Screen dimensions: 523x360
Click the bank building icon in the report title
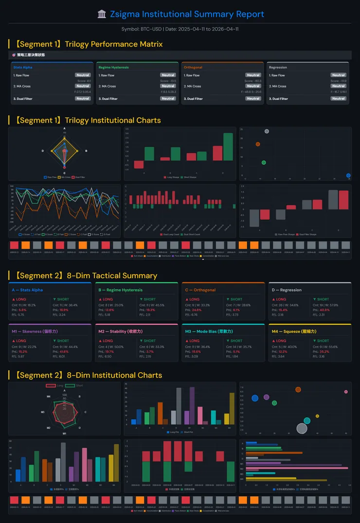[x=102, y=14]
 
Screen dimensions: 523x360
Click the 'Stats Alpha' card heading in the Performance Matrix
[x=23, y=68]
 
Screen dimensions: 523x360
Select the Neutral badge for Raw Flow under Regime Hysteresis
[x=168, y=75]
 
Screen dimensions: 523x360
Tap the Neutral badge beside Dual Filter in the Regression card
[x=338, y=99]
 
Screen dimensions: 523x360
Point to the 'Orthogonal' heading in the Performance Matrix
[x=193, y=68]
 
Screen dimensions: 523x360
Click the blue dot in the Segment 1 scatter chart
[x=348, y=175]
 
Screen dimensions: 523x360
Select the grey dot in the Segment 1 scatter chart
[x=267, y=132]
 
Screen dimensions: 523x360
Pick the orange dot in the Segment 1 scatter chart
[x=258, y=144]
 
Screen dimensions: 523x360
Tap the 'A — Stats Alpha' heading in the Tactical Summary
[x=27, y=290]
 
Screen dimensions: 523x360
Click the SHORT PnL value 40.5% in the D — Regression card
[x=324, y=310]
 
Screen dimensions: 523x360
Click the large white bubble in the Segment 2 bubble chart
[x=302, y=428]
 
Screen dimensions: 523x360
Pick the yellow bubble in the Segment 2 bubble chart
[x=317, y=416]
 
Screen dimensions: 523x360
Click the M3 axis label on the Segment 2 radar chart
[x=43, y=412]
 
